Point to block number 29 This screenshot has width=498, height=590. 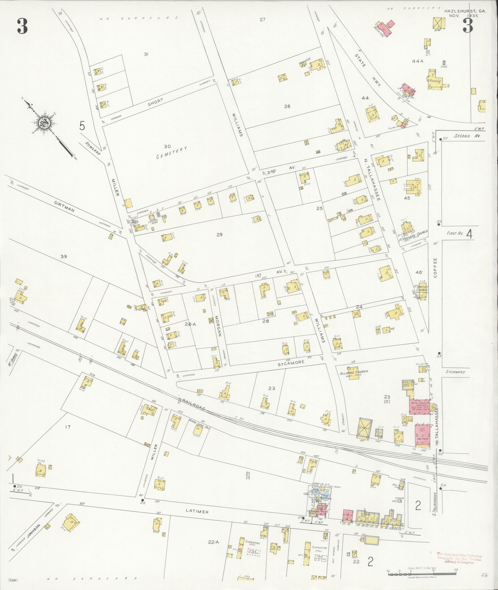[x=219, y=235]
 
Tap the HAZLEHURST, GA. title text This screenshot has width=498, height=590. [x=465, y=11]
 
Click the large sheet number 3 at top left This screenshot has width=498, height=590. [x=22, y=26]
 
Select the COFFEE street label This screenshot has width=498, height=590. [x=436, y=268]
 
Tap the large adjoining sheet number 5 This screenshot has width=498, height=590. [x=82, y=126]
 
